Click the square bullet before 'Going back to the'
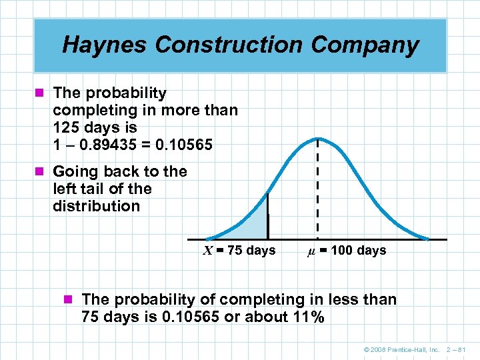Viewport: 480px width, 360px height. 43,172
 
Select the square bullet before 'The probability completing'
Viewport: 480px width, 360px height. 43,93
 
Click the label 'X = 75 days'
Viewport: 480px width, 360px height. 239,251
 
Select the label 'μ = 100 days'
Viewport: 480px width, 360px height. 346,251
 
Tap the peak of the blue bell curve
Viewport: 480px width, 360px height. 317,139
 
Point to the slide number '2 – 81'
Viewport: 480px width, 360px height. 458,349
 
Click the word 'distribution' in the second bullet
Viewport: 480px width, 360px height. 96,206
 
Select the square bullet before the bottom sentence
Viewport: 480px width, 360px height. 72,300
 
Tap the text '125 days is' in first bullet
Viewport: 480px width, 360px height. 95,127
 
